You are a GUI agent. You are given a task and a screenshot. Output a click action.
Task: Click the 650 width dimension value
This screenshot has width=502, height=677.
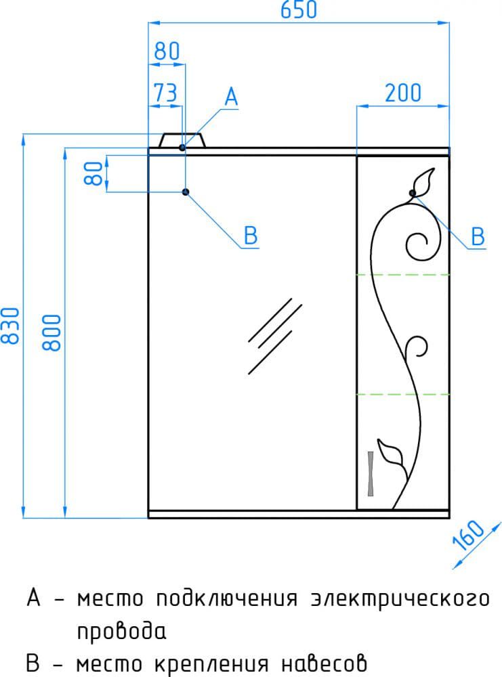(299, 10)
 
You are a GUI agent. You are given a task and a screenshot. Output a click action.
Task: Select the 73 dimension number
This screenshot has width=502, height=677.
(165, 93)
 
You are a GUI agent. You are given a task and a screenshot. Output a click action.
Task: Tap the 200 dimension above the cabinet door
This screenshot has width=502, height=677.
(402, 93)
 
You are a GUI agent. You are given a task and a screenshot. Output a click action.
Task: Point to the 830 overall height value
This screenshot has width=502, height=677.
(10, 326)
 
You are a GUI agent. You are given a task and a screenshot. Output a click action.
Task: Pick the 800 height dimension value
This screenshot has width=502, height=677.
(52, 332)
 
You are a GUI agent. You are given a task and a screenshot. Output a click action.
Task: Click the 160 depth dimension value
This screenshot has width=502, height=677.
(468, 536)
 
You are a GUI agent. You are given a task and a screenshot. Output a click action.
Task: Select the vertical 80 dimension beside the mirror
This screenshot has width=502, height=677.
(93, 173)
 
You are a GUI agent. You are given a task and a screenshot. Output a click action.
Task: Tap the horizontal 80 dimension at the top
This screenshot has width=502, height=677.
(167, 51)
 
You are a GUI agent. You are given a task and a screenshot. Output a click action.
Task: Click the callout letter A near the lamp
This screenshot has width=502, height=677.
(231, 97)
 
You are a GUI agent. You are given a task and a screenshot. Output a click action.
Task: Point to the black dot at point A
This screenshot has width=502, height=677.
(182, 148)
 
